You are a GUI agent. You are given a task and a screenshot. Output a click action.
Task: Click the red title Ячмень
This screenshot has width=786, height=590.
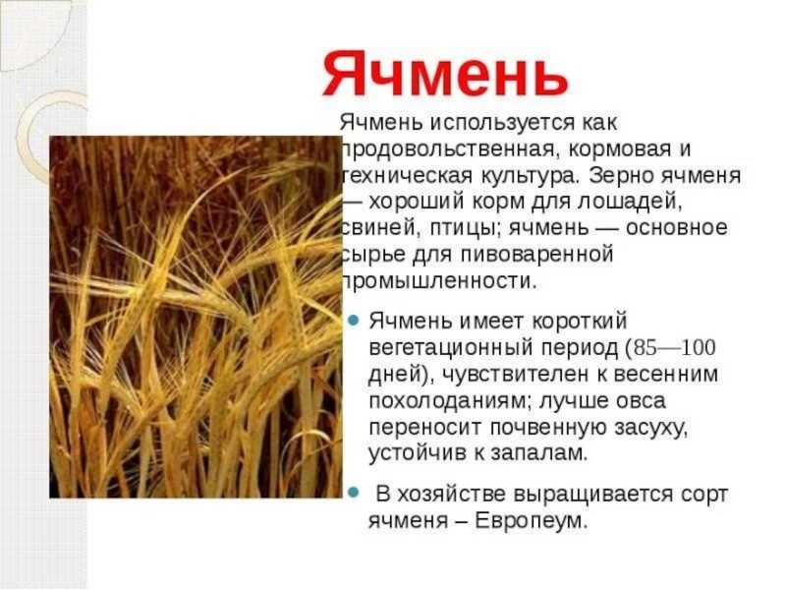coord(446,74)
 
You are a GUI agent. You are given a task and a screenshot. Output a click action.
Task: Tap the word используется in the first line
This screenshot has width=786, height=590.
coord(502,124)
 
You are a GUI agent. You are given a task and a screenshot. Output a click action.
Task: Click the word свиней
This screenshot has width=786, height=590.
coord(381,228)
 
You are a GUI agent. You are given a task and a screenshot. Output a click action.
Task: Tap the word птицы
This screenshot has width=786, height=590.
coord(465,229)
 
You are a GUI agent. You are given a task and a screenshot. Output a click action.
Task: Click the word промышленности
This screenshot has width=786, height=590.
coord(439,281)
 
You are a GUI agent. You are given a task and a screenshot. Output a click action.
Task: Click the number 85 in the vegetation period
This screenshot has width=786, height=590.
coord(645,348)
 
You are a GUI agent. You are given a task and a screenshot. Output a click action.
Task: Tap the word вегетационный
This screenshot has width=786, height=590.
coord(451,348)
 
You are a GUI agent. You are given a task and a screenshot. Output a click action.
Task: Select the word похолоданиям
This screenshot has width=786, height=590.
coord(449,401)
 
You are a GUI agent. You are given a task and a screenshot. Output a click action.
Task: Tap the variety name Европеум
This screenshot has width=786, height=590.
coord(532,521)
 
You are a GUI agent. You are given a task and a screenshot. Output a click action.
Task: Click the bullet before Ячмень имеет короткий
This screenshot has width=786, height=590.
coord(354,321)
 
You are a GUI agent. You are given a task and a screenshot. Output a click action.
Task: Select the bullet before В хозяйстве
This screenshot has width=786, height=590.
coord(354,493)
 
